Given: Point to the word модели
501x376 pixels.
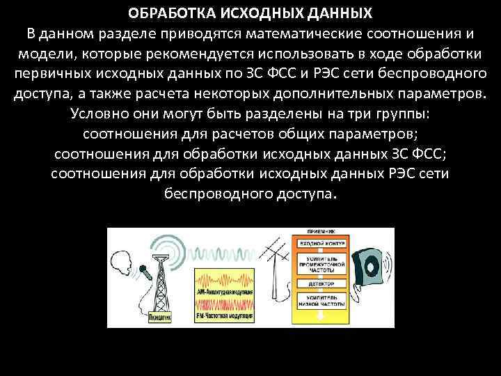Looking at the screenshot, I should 41,54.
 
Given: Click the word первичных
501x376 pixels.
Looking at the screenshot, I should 48,74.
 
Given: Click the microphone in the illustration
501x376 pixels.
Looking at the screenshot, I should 143,271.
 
